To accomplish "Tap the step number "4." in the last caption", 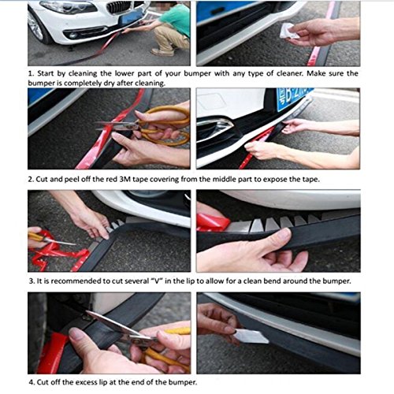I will tap(32, 383).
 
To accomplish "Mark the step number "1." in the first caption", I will tap(32, 73).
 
